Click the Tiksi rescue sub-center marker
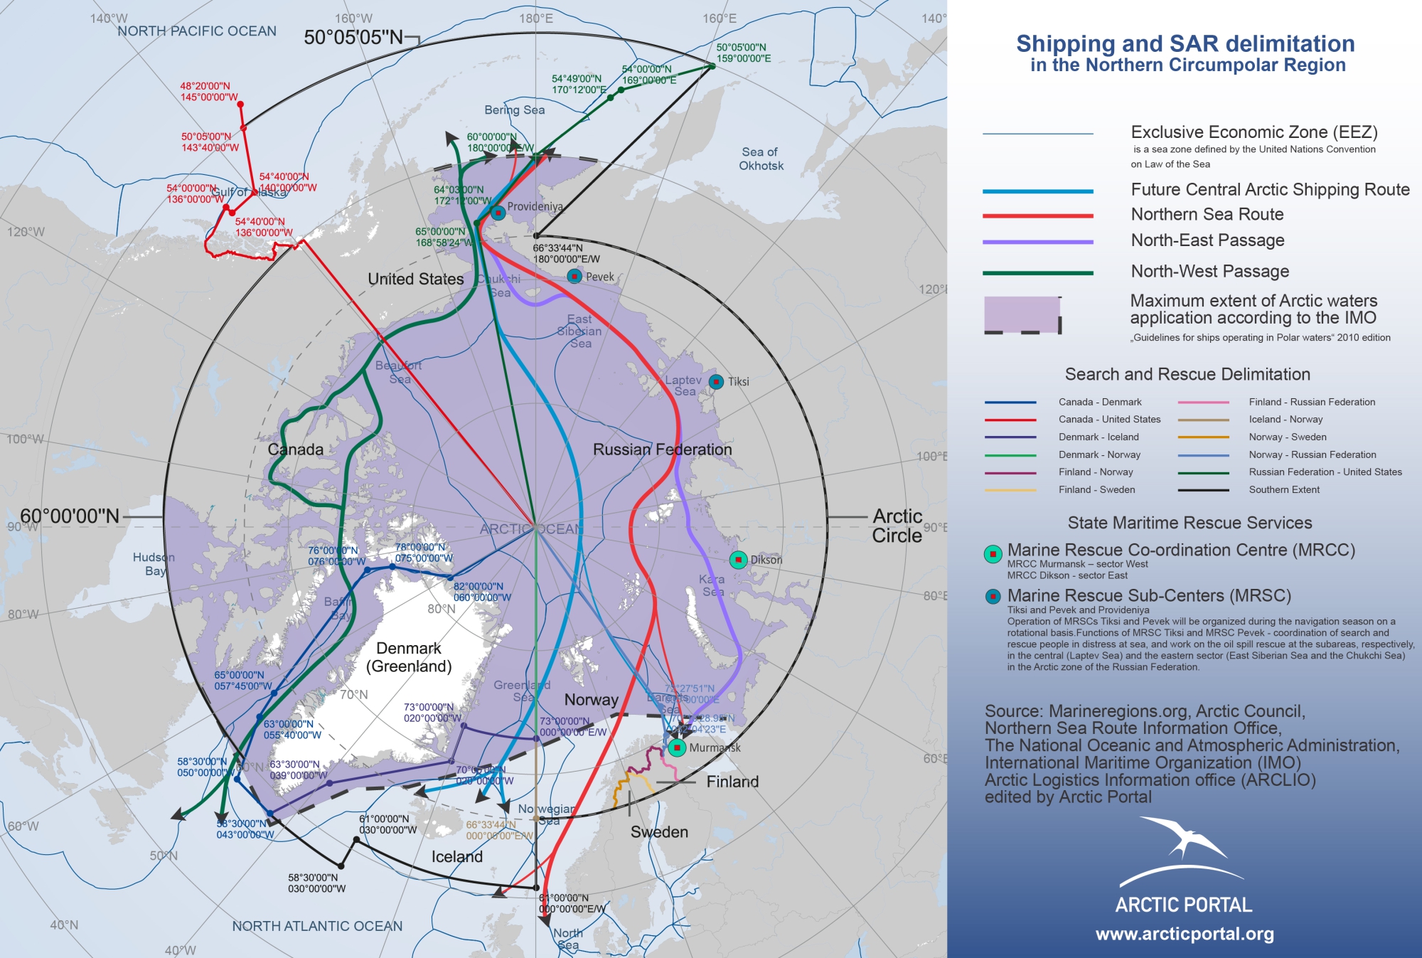tap(716, 382)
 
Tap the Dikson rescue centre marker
tap(739, 560)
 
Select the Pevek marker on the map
tap(574, 276)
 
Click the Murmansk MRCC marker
tap(677, 747)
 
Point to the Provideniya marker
tap(498, 212)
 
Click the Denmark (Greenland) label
tap(409, 657)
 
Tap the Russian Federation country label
tap(662, 449)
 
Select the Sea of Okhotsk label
tap(761, 159)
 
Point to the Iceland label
tap(456, 856)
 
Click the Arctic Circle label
tap(897, 526)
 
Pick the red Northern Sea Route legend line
tap(1037, 215)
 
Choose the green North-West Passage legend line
tap(1037, 272)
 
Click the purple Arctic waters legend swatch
tap(1022, 314)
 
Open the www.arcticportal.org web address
tap(1185, 934)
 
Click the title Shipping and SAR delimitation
tap(1185, 44)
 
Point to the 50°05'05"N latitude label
tap(353, 38)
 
